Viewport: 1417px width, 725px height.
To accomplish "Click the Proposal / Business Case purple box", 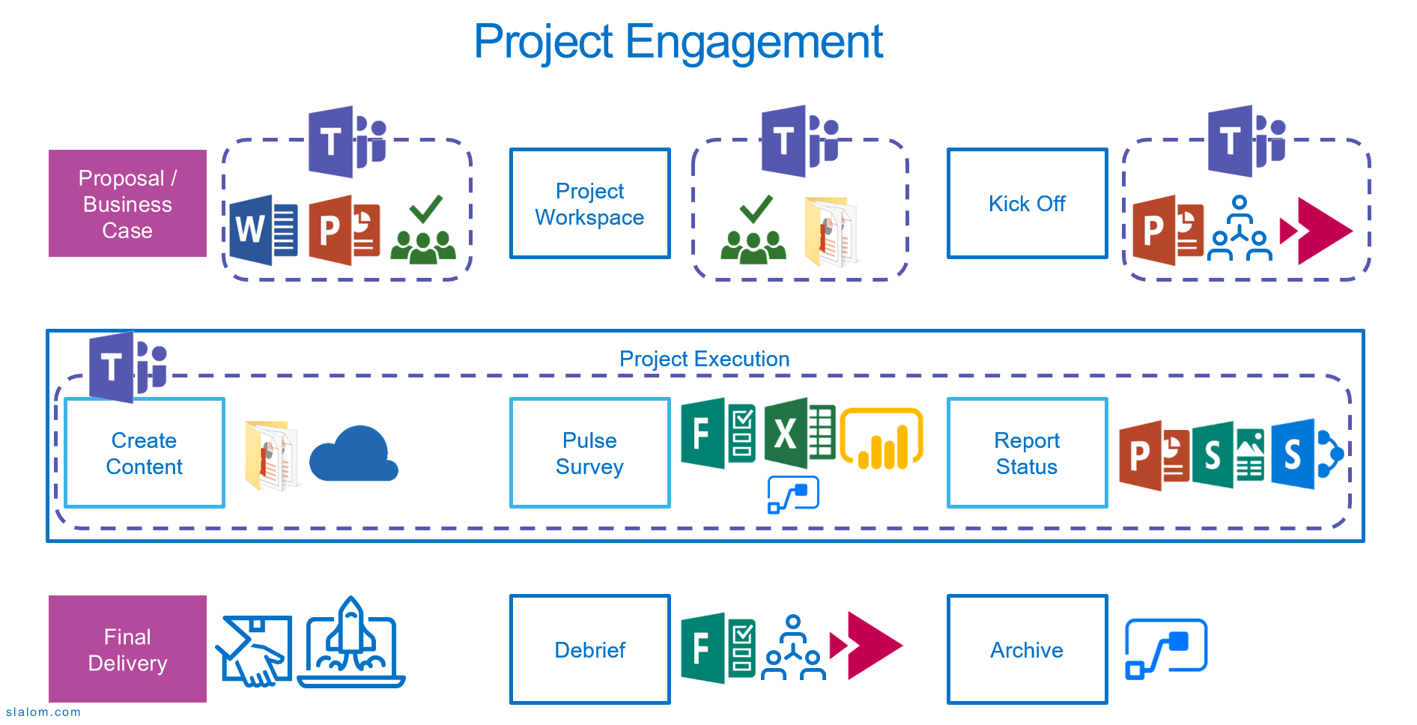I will click(127, 204).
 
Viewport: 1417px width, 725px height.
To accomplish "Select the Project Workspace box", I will click(589, 204).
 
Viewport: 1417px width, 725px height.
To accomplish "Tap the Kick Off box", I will click(1027, 204).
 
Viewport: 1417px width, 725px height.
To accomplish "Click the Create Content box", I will click(145, 453).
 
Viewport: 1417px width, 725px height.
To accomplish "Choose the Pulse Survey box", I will click(589, 453).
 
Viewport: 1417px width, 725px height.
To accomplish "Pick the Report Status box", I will click(1027, 453).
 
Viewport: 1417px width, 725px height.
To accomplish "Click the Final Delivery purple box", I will click(127, 649).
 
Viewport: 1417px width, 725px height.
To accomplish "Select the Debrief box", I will click(589, 649).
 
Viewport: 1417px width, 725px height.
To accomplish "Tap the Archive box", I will click(1027, 649).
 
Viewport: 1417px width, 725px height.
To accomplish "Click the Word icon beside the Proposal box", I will click(262, 230).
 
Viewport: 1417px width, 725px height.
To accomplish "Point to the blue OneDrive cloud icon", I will click(353, 455).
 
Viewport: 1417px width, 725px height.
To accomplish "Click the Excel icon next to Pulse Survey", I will click(798, 433).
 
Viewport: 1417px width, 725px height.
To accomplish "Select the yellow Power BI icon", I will click(882, 440).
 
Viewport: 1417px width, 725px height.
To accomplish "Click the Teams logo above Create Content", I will click(127, 367).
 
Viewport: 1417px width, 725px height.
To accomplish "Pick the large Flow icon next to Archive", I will click(1166, 649).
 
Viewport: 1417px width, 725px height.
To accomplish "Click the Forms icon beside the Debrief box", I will click(717, 648).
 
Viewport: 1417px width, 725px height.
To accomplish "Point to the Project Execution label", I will click(704, 359).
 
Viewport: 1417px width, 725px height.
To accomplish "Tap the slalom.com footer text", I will click(43, 712).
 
